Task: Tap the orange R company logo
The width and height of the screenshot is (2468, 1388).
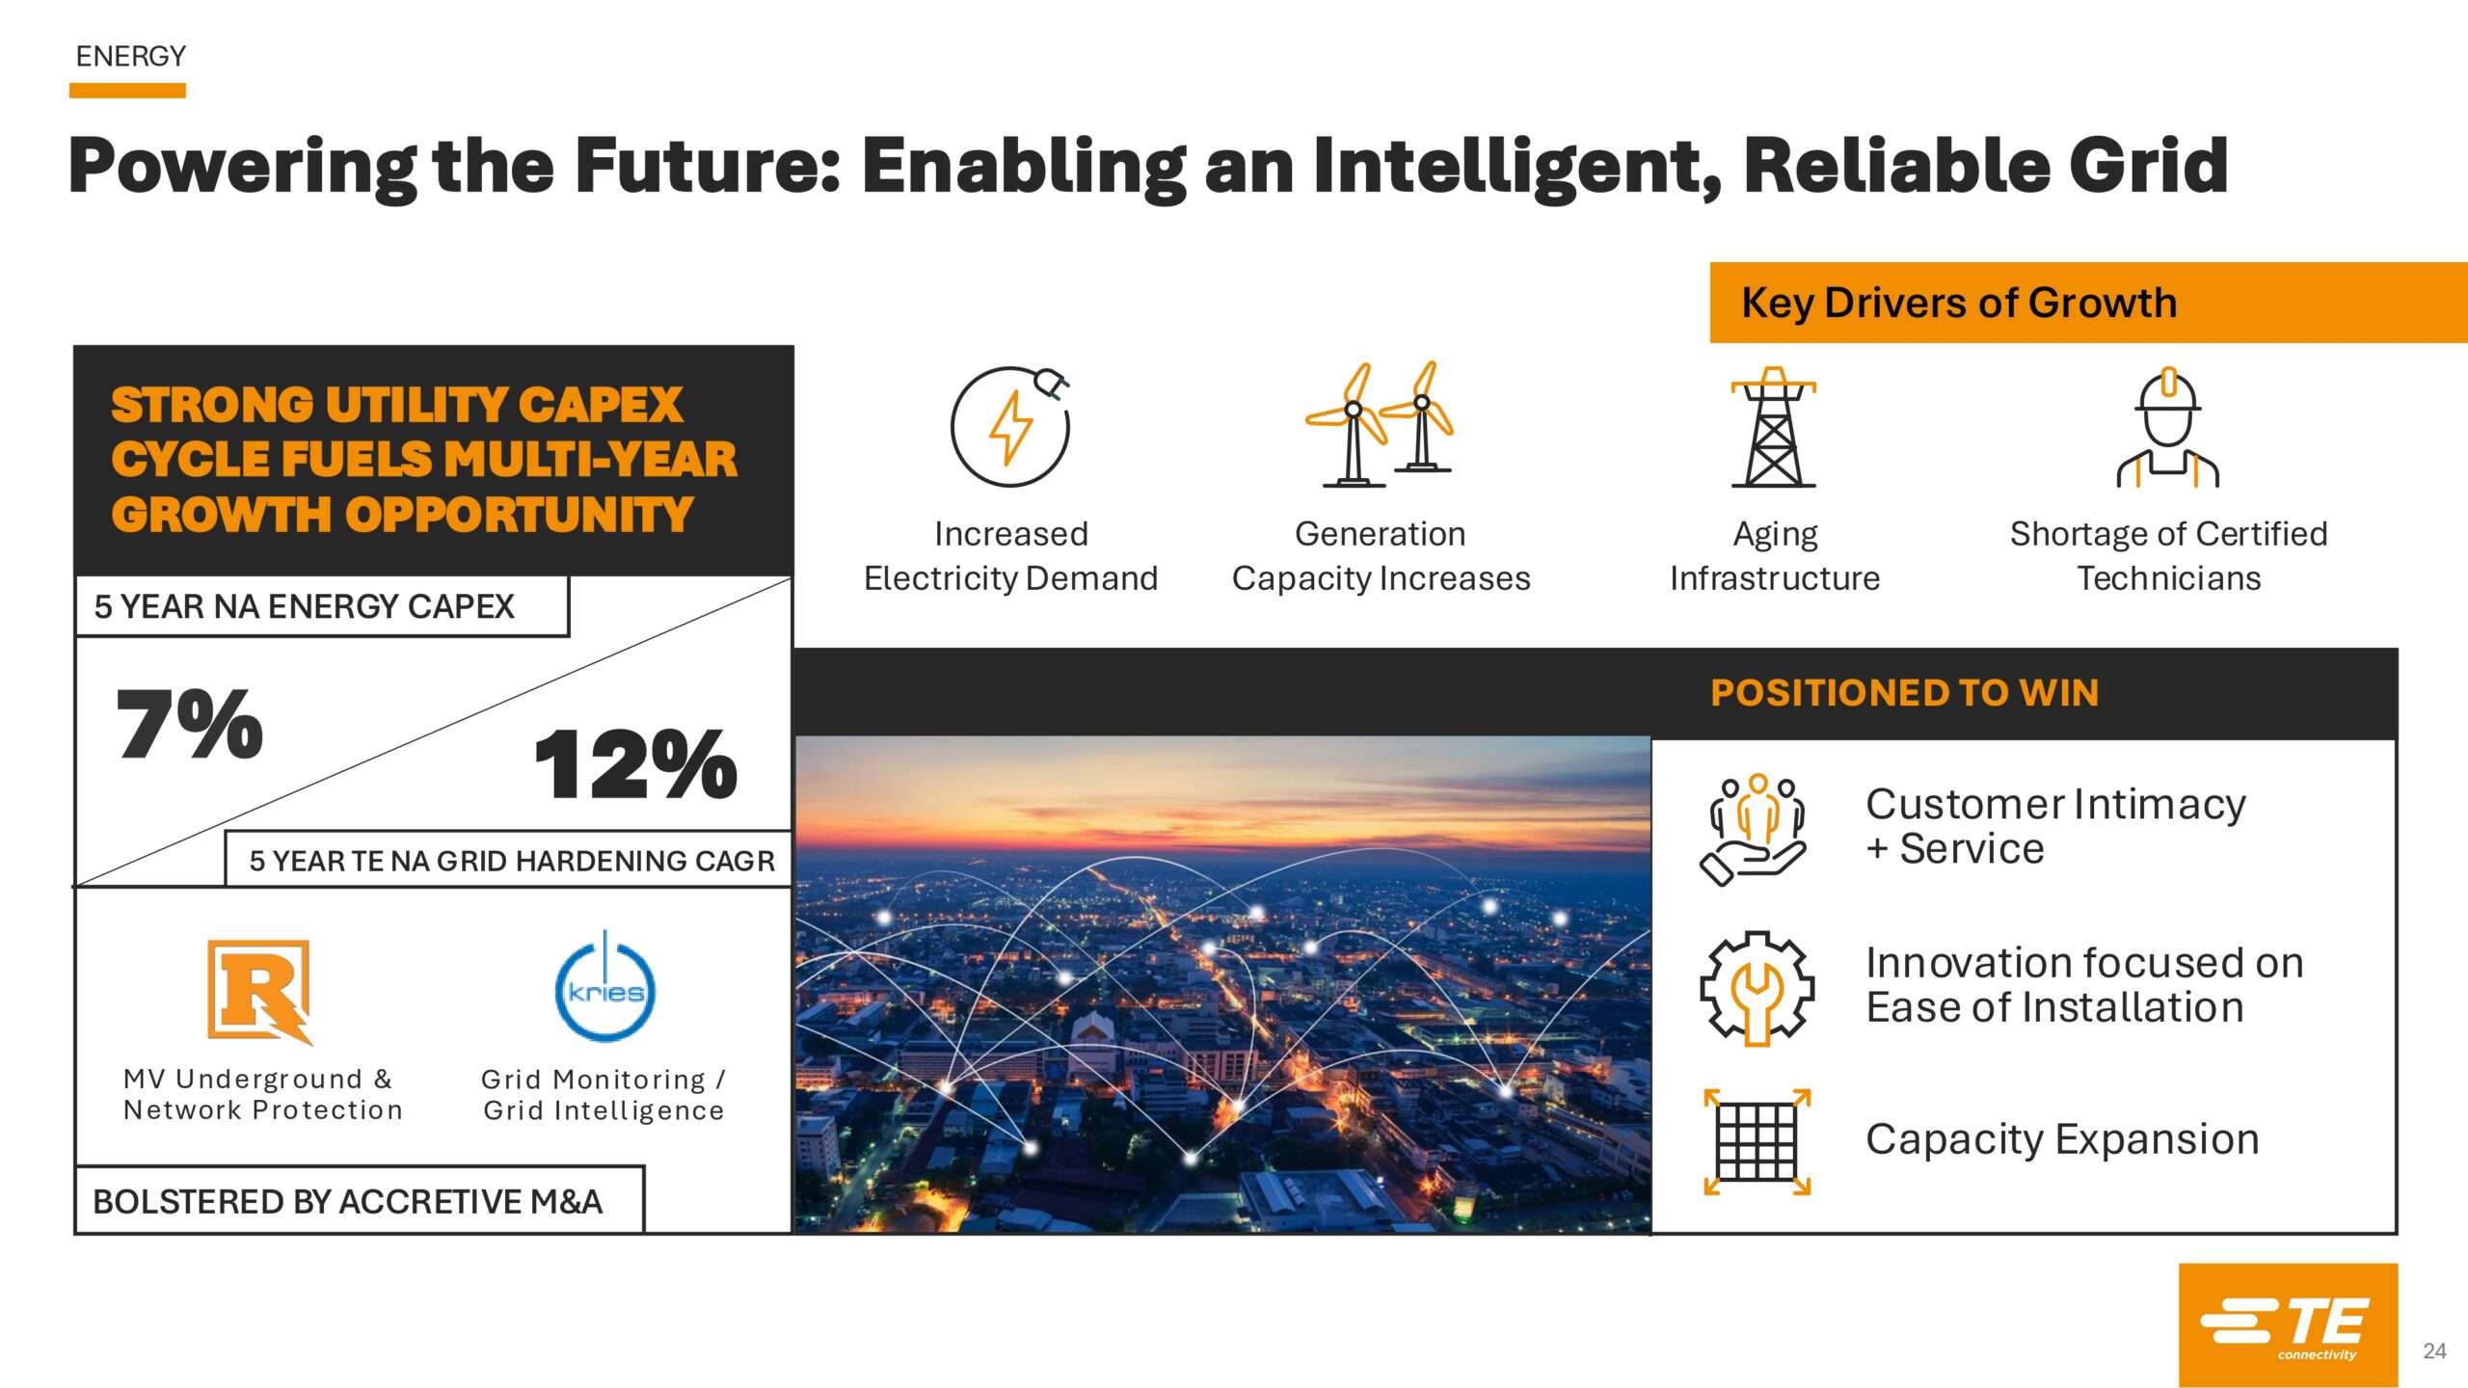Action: (260, 992)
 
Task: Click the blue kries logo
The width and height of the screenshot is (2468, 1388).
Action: (605, 988)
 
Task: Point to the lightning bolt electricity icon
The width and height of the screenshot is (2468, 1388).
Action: (1010, 425)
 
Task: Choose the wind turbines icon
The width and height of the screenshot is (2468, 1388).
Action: (1380, 424)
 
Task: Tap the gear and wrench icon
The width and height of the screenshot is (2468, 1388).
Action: (1757, 987)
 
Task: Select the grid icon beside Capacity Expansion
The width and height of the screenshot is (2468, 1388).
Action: (1757, 1141)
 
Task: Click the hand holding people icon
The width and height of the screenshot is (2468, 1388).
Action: (1754, 829)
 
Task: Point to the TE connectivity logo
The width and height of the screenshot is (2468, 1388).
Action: (2288, 1325)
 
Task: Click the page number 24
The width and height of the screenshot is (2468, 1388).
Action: (2434, 1351)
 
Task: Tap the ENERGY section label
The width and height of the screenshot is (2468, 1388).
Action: (131, 57)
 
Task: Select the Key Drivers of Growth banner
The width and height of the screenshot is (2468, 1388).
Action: (2088, 303)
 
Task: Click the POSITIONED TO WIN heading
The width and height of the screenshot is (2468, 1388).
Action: (1904, 693)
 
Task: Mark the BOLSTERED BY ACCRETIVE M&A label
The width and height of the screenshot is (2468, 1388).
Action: (347, 1202)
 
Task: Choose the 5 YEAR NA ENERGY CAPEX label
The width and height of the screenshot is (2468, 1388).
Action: (305, 606)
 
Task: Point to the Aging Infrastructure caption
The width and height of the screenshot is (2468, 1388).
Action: (1775, 556)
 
